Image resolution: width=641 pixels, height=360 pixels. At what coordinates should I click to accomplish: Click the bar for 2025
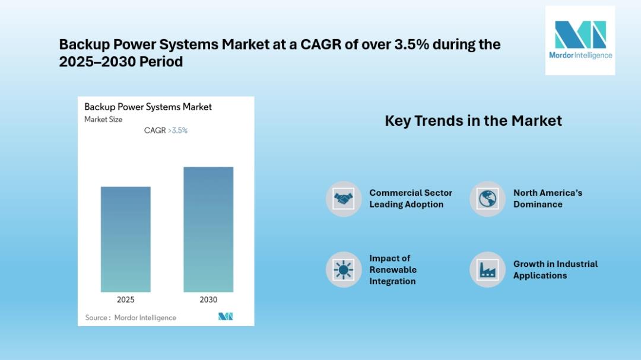click(125, 240)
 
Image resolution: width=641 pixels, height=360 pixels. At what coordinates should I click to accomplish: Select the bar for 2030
click(208, 230)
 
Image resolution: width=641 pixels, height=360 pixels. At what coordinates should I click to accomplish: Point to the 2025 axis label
click(125, 300)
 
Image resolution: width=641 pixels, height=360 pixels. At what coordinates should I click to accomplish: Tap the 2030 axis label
click(208, 300)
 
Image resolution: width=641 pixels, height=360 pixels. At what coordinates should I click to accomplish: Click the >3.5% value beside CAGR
click(178, 130)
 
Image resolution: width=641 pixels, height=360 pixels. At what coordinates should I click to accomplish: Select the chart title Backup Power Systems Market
click(148, 107)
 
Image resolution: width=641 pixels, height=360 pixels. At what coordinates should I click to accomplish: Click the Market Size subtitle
click(103, 119)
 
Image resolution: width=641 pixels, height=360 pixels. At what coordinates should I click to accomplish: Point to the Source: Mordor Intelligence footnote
click(131, 317)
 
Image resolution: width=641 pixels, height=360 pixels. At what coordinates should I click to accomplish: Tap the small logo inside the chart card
click(226, 316)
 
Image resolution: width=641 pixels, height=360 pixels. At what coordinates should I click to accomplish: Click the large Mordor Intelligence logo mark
click(580, 35)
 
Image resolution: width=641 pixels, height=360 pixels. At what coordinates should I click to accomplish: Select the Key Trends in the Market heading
click(474, 120)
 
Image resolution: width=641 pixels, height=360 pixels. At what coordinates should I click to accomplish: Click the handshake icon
click(344, 199)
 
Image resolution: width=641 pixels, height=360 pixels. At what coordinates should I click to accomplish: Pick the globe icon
click(487, 199)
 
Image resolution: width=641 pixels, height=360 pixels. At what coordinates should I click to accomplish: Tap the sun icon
click(344, 270)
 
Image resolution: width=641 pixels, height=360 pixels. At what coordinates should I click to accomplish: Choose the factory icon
click(487, 270)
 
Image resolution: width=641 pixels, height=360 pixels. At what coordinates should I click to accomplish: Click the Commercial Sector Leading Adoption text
click(411, 199)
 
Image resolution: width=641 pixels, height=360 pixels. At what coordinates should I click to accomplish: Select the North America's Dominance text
click(548, 199)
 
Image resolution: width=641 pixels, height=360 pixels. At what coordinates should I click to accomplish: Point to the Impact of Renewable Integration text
click(393, 270)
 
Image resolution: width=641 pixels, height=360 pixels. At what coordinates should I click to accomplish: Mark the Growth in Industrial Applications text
click(556, 270)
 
